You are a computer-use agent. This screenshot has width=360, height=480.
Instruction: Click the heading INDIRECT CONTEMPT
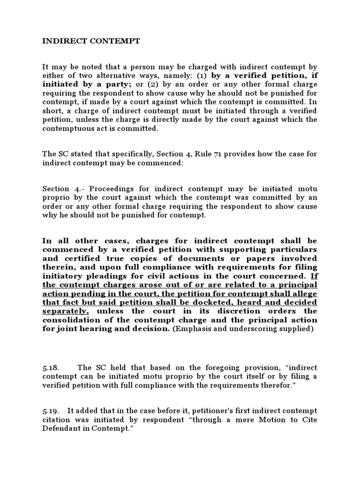click(x=91, y=41)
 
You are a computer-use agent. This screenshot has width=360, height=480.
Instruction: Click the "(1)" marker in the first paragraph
click(x=202, y=76)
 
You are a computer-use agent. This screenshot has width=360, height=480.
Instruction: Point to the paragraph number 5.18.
click(x=51, y=367)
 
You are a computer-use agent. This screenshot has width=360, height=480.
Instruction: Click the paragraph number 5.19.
click(x=51, y=411)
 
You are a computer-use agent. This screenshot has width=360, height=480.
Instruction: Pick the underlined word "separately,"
click(x=68, y=311)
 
